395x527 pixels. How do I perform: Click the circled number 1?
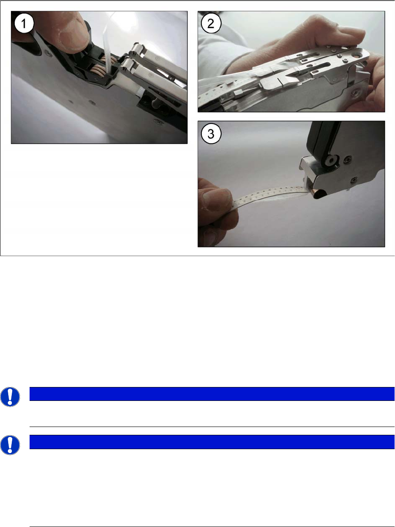click(24, 23)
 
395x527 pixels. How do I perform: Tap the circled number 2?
click(211, 23)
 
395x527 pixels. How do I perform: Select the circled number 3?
click(211, 134)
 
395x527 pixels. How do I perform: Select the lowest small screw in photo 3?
click(354, 179)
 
